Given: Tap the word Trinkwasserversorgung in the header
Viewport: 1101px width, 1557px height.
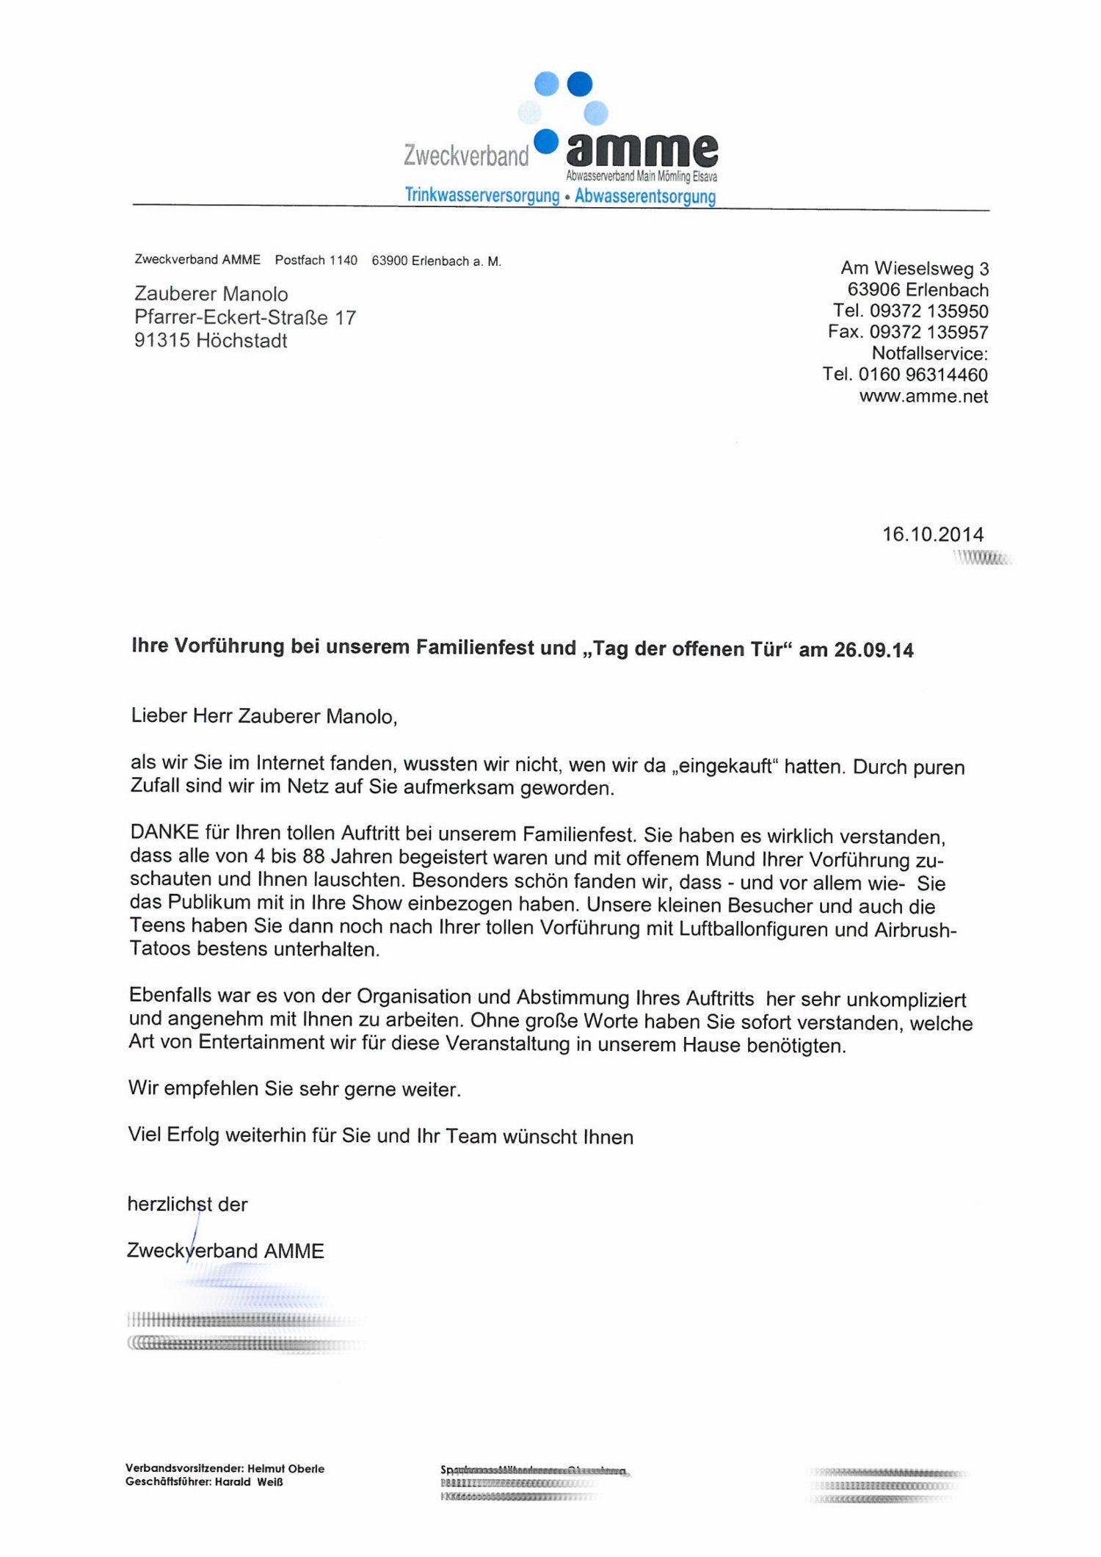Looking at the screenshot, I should (x=482, y=195).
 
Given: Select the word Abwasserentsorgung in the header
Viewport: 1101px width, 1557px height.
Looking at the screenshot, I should (x=645, y=196).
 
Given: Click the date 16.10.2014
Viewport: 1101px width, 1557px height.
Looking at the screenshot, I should (x=932, y=534).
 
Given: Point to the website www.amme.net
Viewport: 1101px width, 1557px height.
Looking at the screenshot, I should (x=923, y=397).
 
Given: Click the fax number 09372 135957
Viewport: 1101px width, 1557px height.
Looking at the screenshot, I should (x=929, y=332).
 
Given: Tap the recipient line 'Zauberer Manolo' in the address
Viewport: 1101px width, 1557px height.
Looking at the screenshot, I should (x=211, y=294).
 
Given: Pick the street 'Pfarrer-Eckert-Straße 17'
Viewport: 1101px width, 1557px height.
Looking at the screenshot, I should (x=244, y=317).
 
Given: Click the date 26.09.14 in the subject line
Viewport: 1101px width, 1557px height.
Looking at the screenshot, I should (x=873, y=650).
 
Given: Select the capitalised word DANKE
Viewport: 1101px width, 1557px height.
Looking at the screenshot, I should (x=164, y=832).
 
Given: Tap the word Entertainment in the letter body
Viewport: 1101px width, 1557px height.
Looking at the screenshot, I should (x=261, y=1042).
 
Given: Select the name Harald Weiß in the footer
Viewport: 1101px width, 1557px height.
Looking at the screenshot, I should (x=249, y=1482).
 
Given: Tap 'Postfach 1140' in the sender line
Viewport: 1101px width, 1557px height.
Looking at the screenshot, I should (x=316, y=260).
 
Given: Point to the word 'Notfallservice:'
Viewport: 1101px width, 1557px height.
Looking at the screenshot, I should (x=929, y=353).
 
